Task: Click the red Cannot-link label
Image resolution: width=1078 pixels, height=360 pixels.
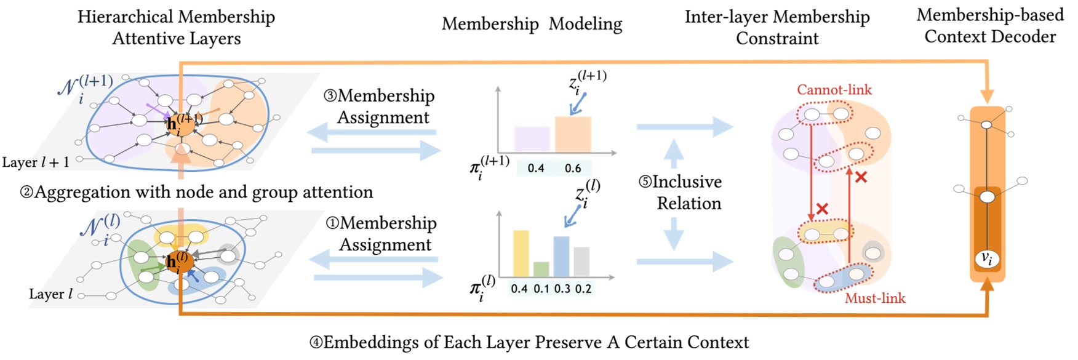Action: (x=834, y=90)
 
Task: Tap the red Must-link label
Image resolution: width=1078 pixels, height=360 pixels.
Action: (x=874, y=299)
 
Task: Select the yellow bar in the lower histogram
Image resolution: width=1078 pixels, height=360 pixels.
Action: (x=521, y=253)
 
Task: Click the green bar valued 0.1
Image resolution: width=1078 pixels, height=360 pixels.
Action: (x=541, y=269)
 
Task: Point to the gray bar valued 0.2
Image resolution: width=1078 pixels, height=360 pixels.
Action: (x=581, y=261)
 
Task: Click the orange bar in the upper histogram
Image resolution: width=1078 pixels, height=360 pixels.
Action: (x=573, y=134)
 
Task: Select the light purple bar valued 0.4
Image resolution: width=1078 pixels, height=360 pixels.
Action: (x=532, y=139)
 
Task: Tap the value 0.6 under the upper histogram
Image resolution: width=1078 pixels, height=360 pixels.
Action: (x=572, y=168)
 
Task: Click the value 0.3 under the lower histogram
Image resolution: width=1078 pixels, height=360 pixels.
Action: (x=562, y=289)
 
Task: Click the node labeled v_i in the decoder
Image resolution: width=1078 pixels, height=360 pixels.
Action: (x=986, y=259)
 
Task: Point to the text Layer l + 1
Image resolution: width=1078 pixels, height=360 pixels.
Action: (x=36, y=162)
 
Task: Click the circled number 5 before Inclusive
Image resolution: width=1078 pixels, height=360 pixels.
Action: (x=644, y=182)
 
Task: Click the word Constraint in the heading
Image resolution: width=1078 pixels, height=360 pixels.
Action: (x=777, y=39)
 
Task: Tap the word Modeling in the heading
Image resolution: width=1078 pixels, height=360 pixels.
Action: (x=585, y=24)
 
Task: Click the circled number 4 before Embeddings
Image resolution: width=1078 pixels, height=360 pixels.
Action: (x=316, y=343)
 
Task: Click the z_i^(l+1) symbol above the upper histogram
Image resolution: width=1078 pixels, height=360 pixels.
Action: (x=587, y=81)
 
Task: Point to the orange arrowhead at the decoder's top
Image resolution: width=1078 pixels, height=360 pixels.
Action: (x=987, y=97)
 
